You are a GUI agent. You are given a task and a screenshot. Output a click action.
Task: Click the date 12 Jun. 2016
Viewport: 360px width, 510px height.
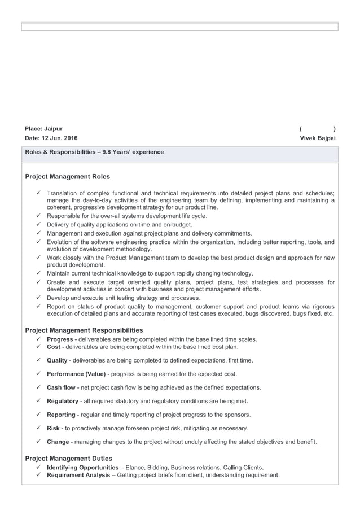(60, 138)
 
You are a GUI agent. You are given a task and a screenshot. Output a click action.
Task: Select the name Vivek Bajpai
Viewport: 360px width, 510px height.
(317, 138)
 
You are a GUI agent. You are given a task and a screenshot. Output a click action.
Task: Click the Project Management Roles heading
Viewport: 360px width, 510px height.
(68, 177)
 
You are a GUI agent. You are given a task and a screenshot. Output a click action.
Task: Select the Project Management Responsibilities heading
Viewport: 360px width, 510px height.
(84, 330)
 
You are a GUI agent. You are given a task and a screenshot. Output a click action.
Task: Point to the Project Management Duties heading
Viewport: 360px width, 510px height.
(69, 459)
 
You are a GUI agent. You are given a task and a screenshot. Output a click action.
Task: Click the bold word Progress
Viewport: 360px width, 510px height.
(60, 339)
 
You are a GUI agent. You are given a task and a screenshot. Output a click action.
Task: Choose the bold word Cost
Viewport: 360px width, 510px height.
(54, 347)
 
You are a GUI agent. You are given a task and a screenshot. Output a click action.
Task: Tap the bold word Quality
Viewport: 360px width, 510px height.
(59, 360)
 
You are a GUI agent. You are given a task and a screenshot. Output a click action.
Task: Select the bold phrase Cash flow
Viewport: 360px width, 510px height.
(62, 387)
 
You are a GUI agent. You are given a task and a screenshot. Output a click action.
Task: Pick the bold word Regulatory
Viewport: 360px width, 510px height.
(62, 401)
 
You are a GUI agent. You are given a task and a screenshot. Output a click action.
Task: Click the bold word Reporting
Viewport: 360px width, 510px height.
(61, 415)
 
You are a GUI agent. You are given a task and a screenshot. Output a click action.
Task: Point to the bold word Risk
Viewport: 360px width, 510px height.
(53, 428)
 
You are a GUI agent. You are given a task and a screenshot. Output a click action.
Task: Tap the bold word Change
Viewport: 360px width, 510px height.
(58, 442)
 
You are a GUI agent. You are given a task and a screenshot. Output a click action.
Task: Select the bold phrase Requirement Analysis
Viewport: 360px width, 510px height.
(78, 475)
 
